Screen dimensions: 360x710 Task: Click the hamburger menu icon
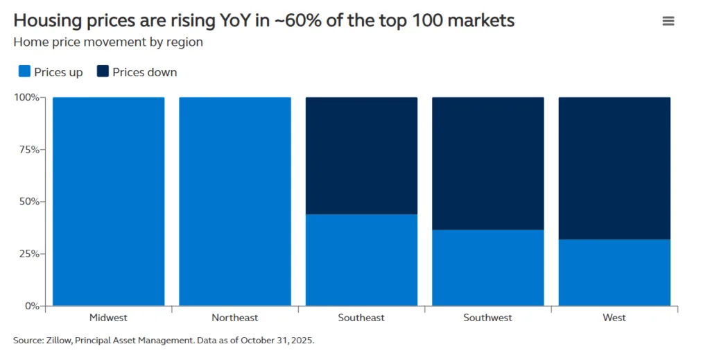point(668,21)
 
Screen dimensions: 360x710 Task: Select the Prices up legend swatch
point(24,72)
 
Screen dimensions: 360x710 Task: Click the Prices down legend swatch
point(102,72)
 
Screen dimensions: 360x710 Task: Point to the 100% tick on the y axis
point(28,97)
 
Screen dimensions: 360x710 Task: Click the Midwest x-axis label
point(108,318)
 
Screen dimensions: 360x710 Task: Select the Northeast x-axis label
point(234,318)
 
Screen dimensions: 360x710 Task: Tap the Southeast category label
point(361,318)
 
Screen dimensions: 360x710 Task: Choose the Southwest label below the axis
point(487,318)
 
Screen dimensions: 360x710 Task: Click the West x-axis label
point(614,318)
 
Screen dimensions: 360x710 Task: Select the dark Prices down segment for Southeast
point(361,155)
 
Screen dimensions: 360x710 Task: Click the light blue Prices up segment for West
point(614,272)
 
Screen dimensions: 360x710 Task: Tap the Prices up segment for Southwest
point(487,267)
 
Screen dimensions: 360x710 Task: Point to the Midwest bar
point(108,201)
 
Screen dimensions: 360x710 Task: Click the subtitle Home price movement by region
point(108,42)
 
